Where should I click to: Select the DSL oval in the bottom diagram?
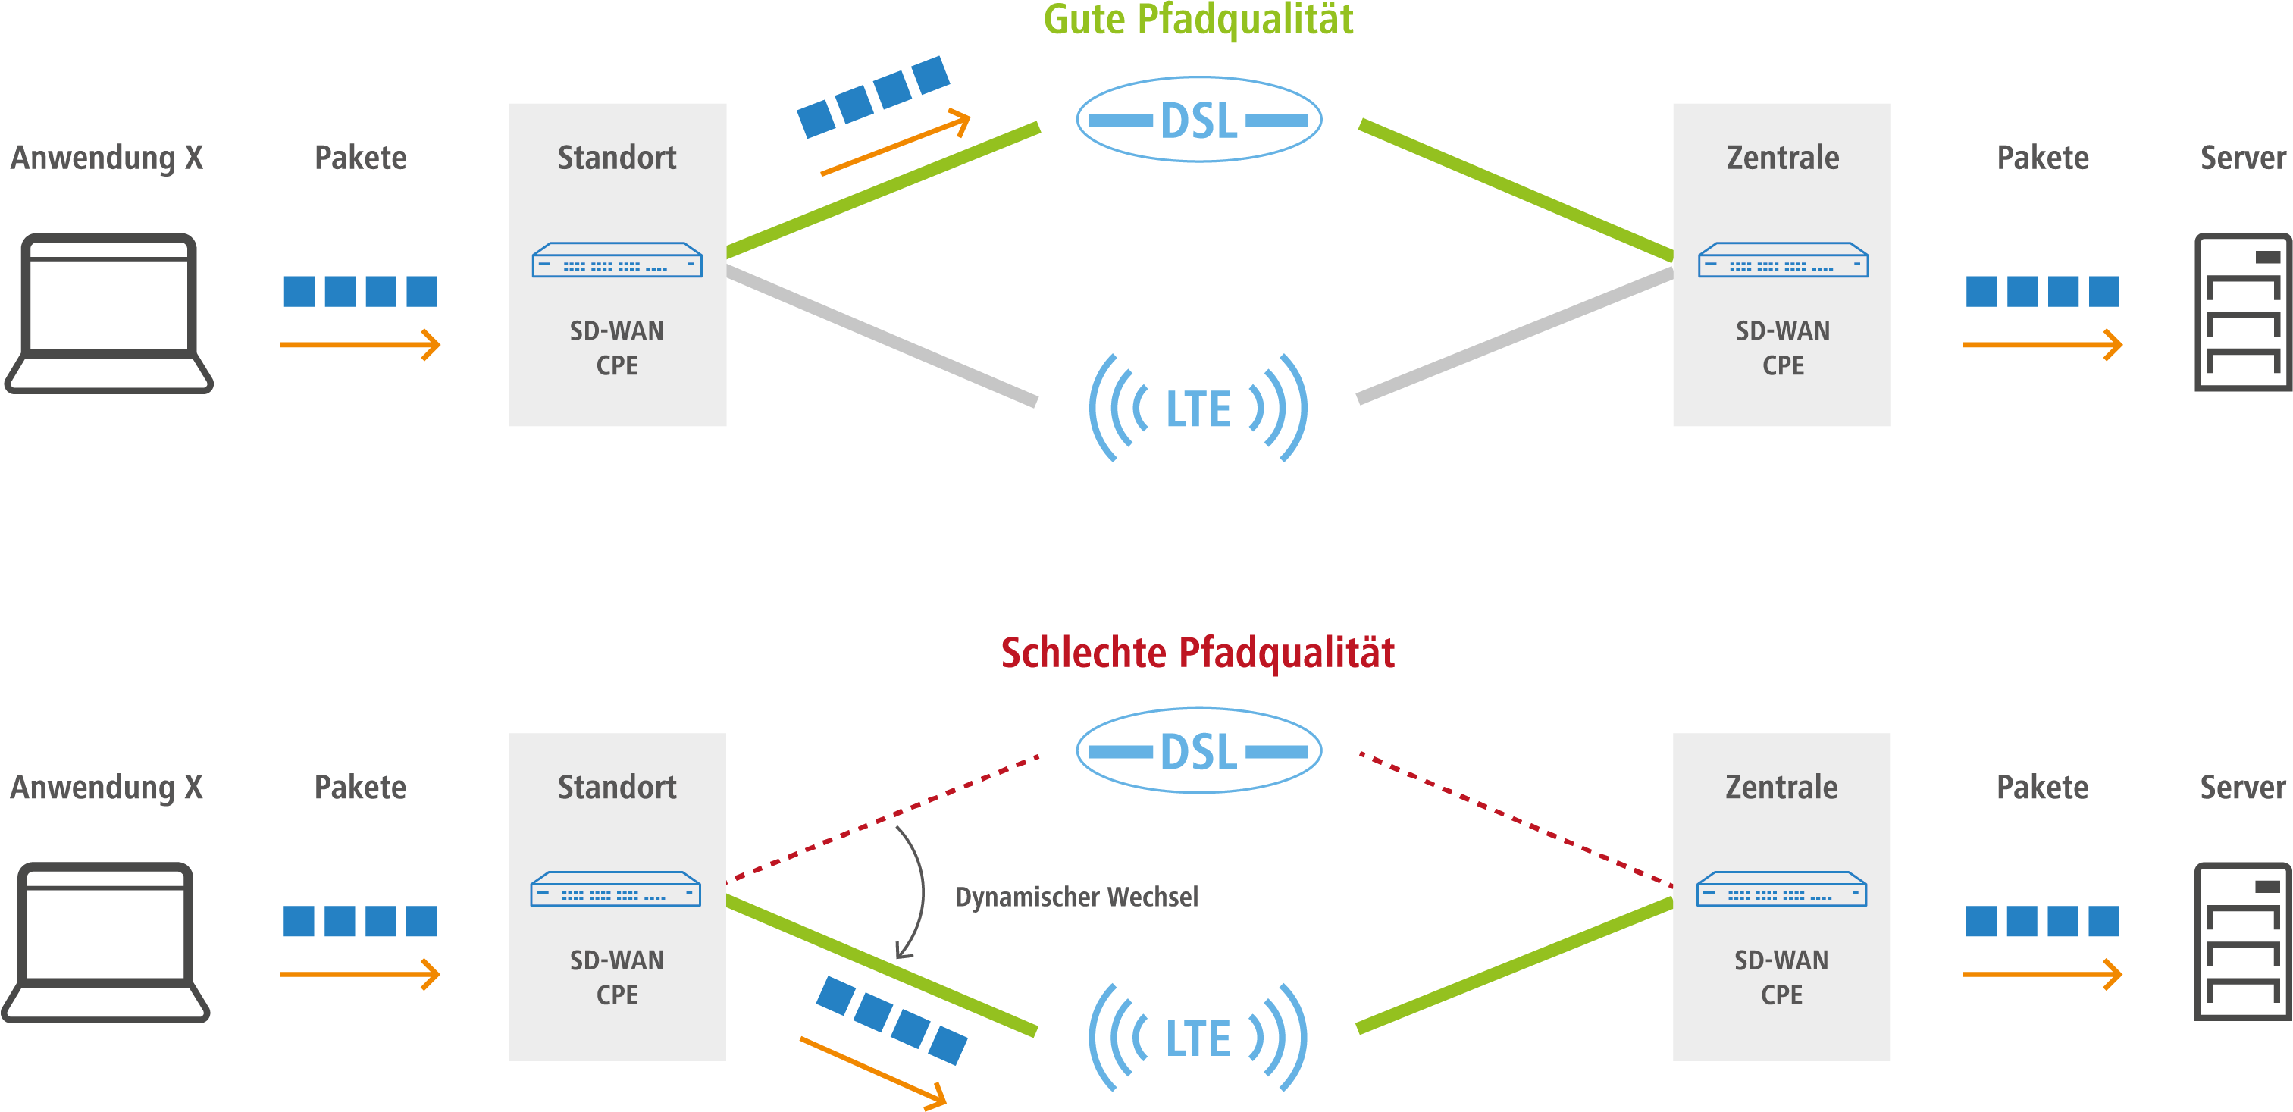coord(1198,750)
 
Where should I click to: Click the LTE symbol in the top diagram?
coord(1198,409)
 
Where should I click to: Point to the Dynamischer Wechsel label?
coord(1076,897)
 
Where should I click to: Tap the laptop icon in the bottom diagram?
coord(107,943)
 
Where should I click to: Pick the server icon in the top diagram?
coord(2241,312)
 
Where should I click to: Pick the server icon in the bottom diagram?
coord(2241,942)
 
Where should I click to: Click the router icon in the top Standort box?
coord(617,261)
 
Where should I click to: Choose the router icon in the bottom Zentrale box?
coord(1781,889)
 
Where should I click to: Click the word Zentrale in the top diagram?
coord(1782,158)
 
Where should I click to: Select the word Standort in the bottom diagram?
coord(617,787)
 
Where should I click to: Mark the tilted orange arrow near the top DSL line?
coord(894,143)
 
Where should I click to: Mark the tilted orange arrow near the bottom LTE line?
coord(872,1073)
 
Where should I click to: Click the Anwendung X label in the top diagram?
coord(107,158)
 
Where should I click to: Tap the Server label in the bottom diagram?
coord(2241,787)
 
